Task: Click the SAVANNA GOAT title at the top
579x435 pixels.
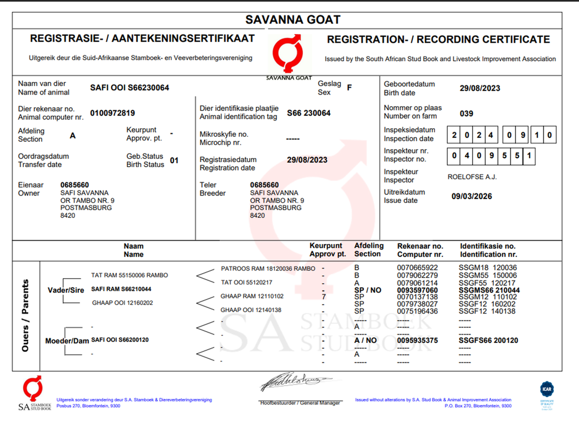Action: (293, 20)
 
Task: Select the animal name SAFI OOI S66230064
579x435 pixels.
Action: (129, 88)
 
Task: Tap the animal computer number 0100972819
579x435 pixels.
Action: (112, 113)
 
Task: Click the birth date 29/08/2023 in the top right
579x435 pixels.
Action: (479, 88)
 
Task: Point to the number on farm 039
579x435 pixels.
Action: (466, 114)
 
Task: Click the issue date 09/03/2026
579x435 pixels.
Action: (471, 197)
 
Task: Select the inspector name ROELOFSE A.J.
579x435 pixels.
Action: (472, 177)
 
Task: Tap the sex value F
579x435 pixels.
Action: (349, 88)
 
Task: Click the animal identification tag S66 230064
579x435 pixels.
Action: (308, 113)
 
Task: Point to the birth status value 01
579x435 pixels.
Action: (174, 160)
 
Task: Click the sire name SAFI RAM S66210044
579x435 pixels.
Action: (121, 289)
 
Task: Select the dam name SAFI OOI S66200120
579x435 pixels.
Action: (120, 340)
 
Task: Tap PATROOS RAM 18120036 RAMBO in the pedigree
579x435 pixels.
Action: (268, 269)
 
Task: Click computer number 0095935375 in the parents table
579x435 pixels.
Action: (417, 340)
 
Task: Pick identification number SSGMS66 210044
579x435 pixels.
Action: (489, 290)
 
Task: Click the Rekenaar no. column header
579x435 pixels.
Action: (420, 250)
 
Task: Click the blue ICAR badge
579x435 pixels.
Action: (547, 389)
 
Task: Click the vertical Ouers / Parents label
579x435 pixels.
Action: (25, 315)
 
